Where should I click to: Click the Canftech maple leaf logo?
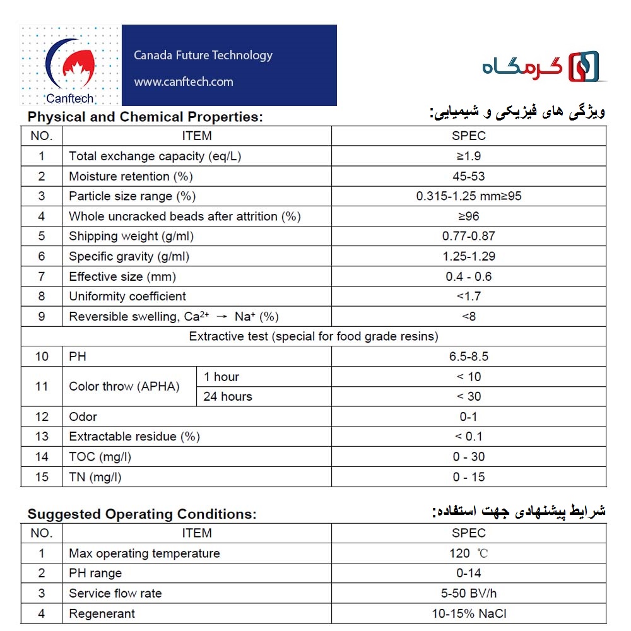[x=71, y=66]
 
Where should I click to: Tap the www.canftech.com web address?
[x=184, y=82]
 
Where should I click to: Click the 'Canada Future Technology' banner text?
[x=203, y=56]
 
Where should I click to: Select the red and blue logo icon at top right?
[x=584, y=67]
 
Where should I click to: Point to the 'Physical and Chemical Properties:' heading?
[x=145, y=117]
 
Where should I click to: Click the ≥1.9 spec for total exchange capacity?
[x=469, y=156]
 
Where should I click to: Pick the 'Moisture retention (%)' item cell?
[x=131, y=176]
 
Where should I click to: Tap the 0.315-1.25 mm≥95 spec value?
[x=469, y=196]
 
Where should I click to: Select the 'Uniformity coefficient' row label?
[x=127, y=297]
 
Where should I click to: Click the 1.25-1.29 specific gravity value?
[x=469, y=256]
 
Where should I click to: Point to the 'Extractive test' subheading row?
[x=314, y=336]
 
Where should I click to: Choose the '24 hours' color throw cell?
[x=228, y=397]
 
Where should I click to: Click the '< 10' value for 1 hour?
[x=469, y=377]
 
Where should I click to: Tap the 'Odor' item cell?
[x=83, y=417]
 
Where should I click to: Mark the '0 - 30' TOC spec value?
[x=469, y=457]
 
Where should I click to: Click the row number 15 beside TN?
[x=42, y=477]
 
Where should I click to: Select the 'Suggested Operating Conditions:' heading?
[x=142, y=514]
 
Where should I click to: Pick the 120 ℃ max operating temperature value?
[x=469, y=553]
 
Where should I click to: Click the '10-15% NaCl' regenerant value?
[x=469, y=613]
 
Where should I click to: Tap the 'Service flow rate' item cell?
[x=115, y=594]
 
